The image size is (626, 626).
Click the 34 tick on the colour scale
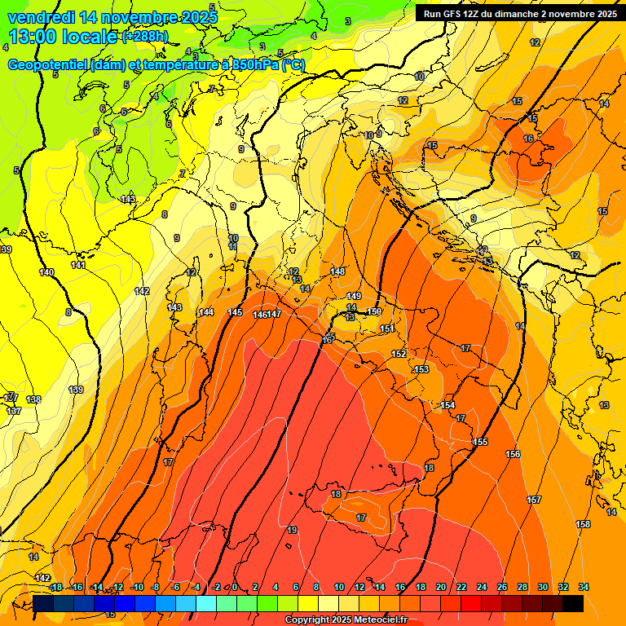584,587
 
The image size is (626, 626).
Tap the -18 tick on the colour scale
55,587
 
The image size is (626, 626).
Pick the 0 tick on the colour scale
235,587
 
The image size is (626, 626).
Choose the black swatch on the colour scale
573,603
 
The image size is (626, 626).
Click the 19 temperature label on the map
292,530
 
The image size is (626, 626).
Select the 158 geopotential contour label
583,523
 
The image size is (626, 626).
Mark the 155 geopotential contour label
480,442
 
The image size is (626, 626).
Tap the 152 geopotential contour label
399,354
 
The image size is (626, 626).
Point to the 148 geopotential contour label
338,271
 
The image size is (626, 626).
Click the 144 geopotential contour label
206,312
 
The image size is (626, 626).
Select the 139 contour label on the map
76,390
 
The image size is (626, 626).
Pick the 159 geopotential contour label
374,311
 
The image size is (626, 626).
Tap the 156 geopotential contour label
513,454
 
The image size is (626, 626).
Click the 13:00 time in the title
35,37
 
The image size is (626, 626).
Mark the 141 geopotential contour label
78,265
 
